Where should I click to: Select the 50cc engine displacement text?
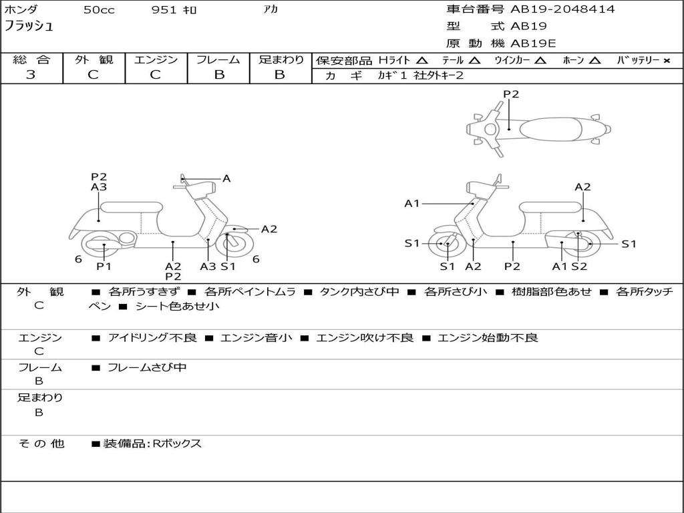[99, 10]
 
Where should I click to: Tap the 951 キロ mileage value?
[174, 10]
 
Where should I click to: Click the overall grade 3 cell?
[31, 75]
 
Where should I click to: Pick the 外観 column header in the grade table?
[94, 59]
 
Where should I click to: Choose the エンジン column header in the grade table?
[156, 59]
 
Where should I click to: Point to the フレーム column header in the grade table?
[218, 59]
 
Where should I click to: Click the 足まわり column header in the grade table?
[281, 59]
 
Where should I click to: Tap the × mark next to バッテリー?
[666, 60]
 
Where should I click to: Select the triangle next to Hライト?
[421, 60]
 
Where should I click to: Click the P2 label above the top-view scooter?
[511, 94]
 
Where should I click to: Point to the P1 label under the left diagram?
[104, 267]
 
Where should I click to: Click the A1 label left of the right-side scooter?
[412, 203]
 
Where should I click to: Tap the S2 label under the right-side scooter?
[579, 267]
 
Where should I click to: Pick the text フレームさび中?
[147, 367]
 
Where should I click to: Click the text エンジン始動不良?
[488, 338]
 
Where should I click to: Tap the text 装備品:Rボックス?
[152, 444]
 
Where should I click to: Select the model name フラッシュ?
[29, 27]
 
